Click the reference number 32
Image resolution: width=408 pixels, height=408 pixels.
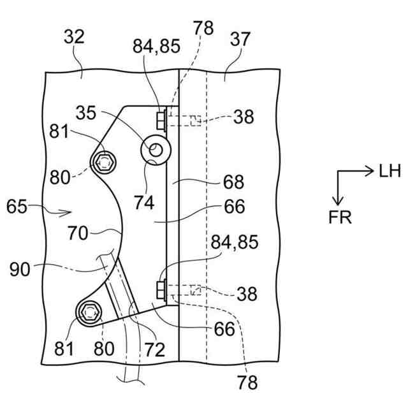click(x=74, y=37)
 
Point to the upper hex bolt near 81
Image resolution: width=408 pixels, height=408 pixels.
click(x=103, y=161)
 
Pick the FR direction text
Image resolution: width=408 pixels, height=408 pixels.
click(x=340, y=217)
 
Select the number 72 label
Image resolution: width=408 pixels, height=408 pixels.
click(x=154, y=349)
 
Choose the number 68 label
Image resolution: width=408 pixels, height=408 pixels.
click(x=233, y=182)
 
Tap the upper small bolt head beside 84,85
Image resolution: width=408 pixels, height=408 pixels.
click(x=160, y=118)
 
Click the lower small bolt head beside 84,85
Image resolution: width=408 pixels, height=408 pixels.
click(x=160, y=291)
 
